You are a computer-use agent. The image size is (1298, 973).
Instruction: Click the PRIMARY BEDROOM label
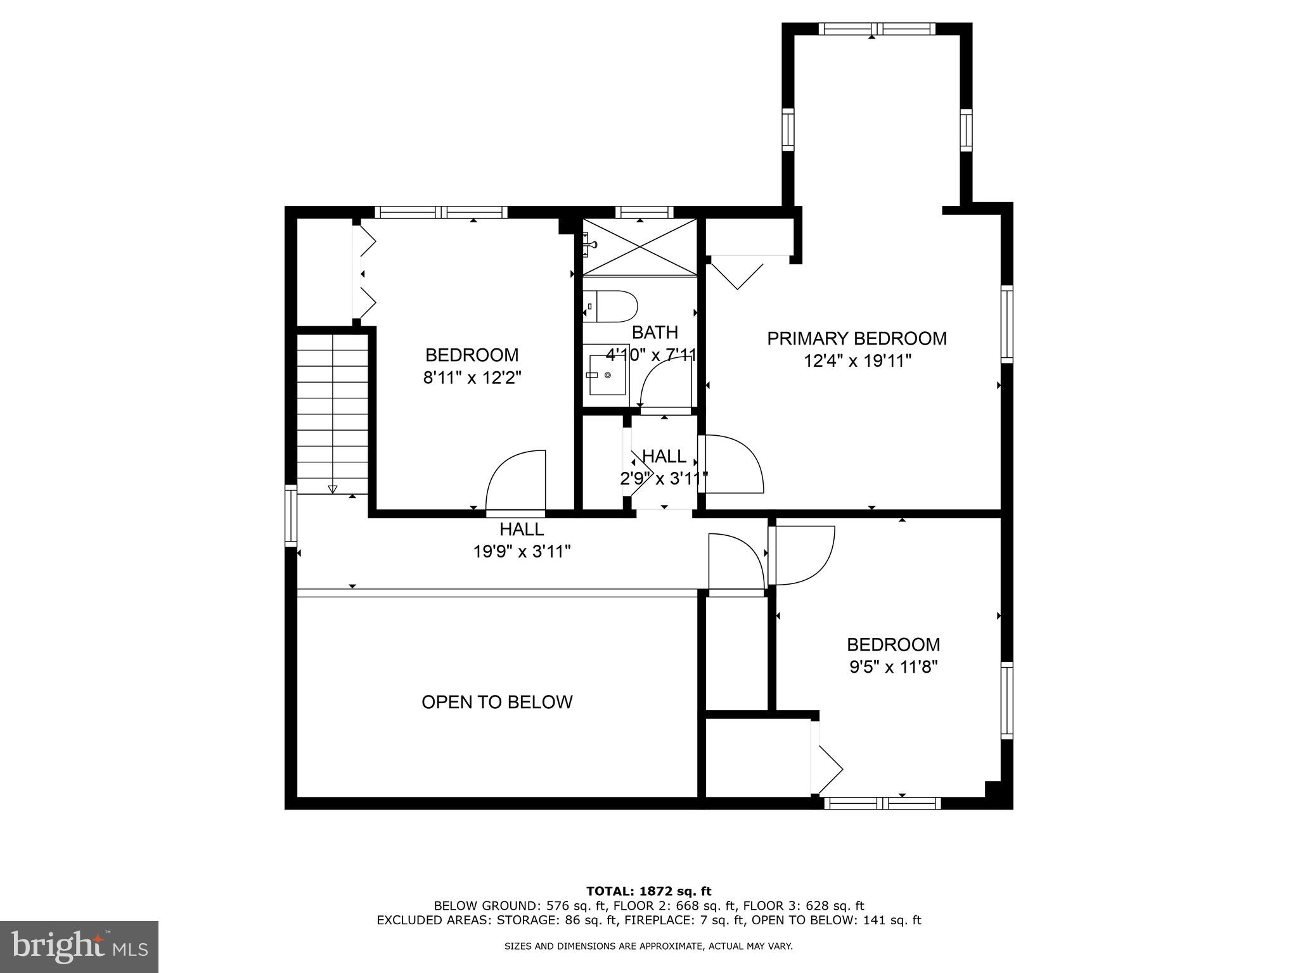point(857,338)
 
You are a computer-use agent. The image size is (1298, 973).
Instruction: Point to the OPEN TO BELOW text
point(497,702)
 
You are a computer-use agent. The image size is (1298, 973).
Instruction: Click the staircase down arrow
point(332,488)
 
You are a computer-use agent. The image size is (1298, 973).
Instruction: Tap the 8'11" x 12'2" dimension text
point(472,378)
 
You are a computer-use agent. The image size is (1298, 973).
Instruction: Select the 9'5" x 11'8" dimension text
point(894,667)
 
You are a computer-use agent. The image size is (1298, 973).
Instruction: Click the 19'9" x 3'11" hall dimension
point(522,552)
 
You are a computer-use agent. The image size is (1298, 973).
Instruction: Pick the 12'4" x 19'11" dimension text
point(857,361)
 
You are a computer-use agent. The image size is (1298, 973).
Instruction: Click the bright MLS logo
point(79,947)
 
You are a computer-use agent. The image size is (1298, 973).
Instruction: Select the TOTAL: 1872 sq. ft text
point(648,891)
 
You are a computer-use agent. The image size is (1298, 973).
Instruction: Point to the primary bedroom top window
point(877,29)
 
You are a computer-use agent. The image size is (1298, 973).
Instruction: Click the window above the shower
point(644,212)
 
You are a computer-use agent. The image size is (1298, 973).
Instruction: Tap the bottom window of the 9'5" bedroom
point(882,803)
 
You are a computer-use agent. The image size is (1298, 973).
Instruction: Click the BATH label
point(655,332)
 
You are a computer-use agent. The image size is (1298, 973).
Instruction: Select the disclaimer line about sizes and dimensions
point(648,946)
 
